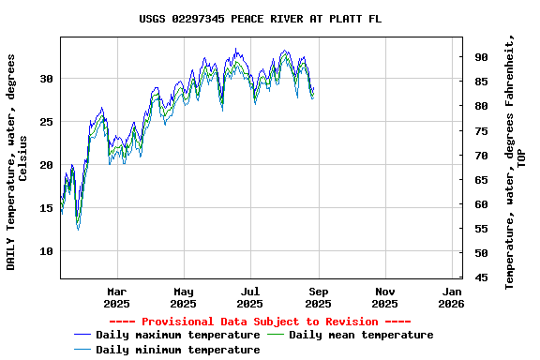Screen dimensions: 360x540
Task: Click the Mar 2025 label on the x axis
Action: [x=116, y=297]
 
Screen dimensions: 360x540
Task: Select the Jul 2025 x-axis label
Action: [x=250, y=297]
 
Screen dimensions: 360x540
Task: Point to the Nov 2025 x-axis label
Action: [x=384, y=297]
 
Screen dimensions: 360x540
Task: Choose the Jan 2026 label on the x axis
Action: [x=452, y=297]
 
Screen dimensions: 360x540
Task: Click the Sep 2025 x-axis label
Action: [x=318, y=297]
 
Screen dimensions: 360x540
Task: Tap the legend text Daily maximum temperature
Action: [x=177, y=335]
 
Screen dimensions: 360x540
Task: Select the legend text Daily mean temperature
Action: [x=361, y=335]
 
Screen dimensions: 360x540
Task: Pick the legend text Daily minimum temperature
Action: [x=177, y=350]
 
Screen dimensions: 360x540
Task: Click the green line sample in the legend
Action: [x=275, y=335]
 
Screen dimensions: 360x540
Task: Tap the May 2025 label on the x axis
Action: [x=184, y=297]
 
